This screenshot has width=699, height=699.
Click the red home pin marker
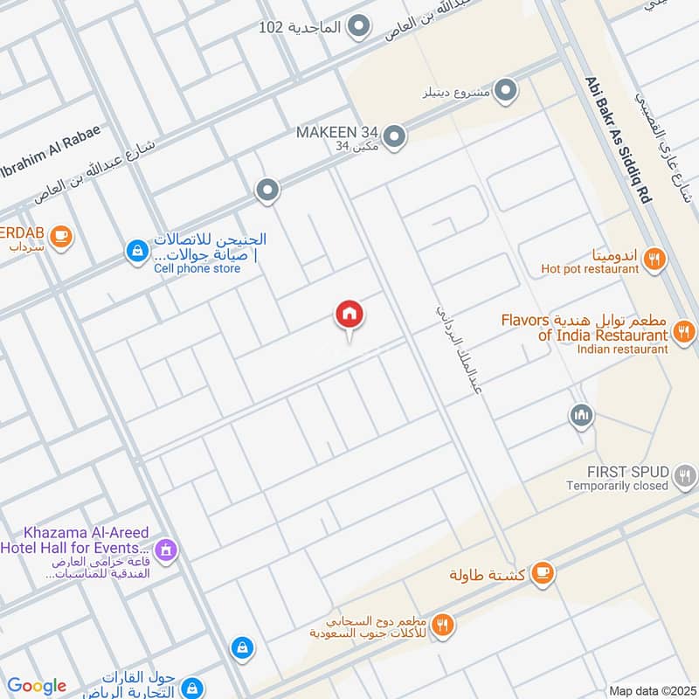click(349, 315)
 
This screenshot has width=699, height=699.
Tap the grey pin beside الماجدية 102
click(357, 27)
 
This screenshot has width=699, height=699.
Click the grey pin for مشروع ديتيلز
click(504, 90)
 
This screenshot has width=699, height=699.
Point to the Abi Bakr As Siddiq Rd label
click(618, 140)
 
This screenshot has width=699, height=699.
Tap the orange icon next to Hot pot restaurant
click(654, 258)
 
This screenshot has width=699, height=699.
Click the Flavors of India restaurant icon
click(684, 331)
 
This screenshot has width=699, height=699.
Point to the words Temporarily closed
click(617, 486)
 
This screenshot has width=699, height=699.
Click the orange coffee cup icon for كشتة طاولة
click(543, 572)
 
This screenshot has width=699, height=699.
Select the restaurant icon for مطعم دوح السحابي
click(444, 624)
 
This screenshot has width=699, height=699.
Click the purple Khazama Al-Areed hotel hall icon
click(169, 550)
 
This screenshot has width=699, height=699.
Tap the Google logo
click(37, 686)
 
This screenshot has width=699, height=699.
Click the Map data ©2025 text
click(651, 690)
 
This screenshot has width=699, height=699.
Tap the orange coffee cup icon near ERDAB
click(59, 235)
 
